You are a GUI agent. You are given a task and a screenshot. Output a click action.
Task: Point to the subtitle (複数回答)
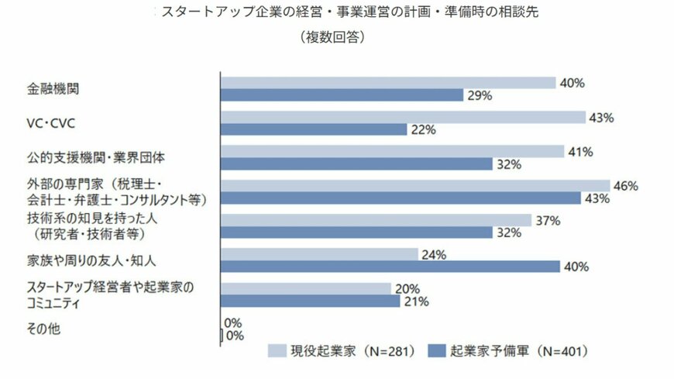coord(332,36)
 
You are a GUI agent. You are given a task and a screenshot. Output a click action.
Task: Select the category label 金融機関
coord(53,88)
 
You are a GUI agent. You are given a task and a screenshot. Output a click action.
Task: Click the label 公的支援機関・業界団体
coord(95,157)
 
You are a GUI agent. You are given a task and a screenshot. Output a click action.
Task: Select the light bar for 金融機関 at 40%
coord(388,82)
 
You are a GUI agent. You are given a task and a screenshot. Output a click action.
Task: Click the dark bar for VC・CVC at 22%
coord(314,129)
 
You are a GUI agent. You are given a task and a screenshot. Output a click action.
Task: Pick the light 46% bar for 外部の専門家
coord(415,185)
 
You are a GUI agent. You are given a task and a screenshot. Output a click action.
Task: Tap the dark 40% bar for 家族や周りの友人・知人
coord(390,267)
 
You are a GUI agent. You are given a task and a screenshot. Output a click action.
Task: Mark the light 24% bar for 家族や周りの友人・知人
coord(319,254)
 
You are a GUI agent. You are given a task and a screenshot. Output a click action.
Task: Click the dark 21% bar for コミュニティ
coord(311,301)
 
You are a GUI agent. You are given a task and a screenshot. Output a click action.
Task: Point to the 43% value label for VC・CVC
coord(601,117)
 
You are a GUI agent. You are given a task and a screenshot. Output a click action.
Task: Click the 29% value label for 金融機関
coord(480,95)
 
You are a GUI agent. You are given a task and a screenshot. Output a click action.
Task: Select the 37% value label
coord(548,220)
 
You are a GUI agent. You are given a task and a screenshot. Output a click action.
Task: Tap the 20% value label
coord(407,289)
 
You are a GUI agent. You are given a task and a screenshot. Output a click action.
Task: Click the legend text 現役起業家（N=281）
coord(345,350)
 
